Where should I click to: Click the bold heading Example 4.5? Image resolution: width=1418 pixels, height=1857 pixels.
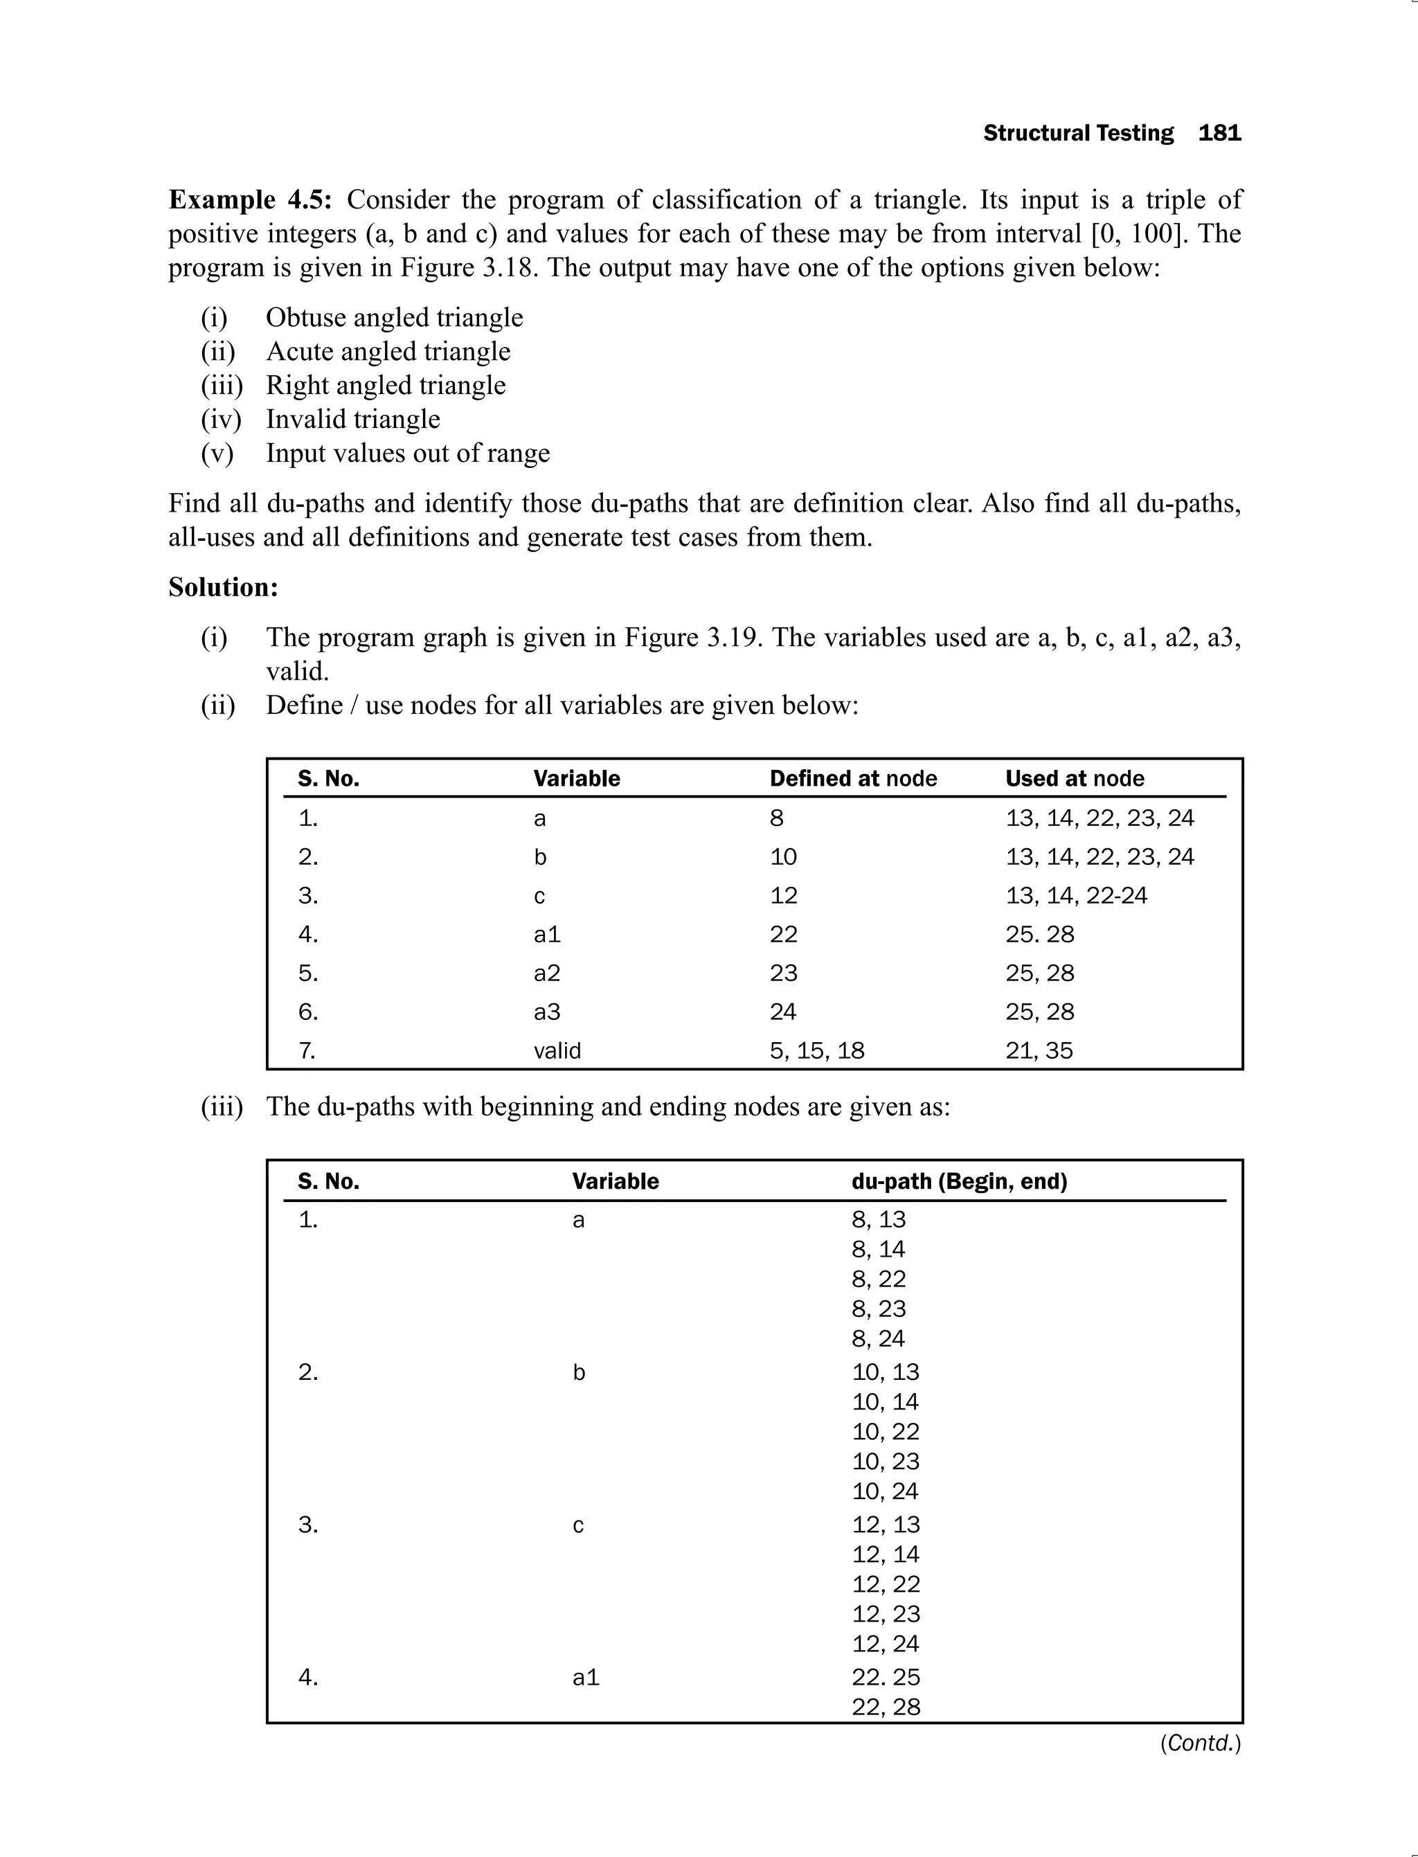[x=250, y=200]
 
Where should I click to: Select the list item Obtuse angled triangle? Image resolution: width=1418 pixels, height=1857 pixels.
[x=394, y=317]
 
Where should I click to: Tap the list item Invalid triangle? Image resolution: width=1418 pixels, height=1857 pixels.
[x=353, y=419]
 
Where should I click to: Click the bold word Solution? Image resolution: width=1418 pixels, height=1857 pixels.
[x=223, y=586]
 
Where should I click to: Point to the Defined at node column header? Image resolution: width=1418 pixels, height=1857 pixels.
[x=852, y=778]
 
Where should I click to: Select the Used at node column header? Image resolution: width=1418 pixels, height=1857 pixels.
[x=1074, y=778]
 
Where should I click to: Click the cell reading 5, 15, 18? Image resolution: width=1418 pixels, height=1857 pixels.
[x=816, y=1050]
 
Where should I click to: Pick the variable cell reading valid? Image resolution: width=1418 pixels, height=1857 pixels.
[x=557, y=1050]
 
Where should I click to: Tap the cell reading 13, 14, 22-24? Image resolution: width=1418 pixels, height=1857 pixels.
[x=1075, y=895]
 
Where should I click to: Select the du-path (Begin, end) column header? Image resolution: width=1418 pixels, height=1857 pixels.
[x=959, y=1181]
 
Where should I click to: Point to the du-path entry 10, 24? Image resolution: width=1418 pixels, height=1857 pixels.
[x=885, y=1491]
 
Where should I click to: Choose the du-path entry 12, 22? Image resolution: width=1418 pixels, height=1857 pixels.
[x=885, y=1584]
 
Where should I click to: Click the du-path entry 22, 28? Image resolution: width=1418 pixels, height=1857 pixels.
[x=885, y=1707]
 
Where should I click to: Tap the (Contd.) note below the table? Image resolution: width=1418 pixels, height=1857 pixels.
[x=1199, y=1743]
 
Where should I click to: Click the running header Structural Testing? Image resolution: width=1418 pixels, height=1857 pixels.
[x=1078, y=134]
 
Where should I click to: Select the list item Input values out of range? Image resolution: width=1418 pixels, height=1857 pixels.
[x=408, y=454]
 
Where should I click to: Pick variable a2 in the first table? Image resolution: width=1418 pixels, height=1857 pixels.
[x=546, y=974]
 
